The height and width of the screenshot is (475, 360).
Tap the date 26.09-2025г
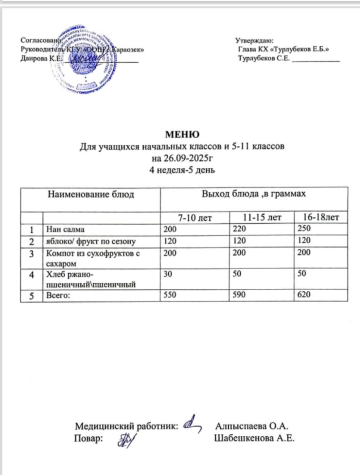182,158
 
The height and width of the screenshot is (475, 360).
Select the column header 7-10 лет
194,218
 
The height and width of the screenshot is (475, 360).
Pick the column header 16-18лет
320,218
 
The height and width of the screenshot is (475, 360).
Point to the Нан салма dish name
65,230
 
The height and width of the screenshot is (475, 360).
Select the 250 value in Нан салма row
301,230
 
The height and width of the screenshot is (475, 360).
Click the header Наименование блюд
90,194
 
